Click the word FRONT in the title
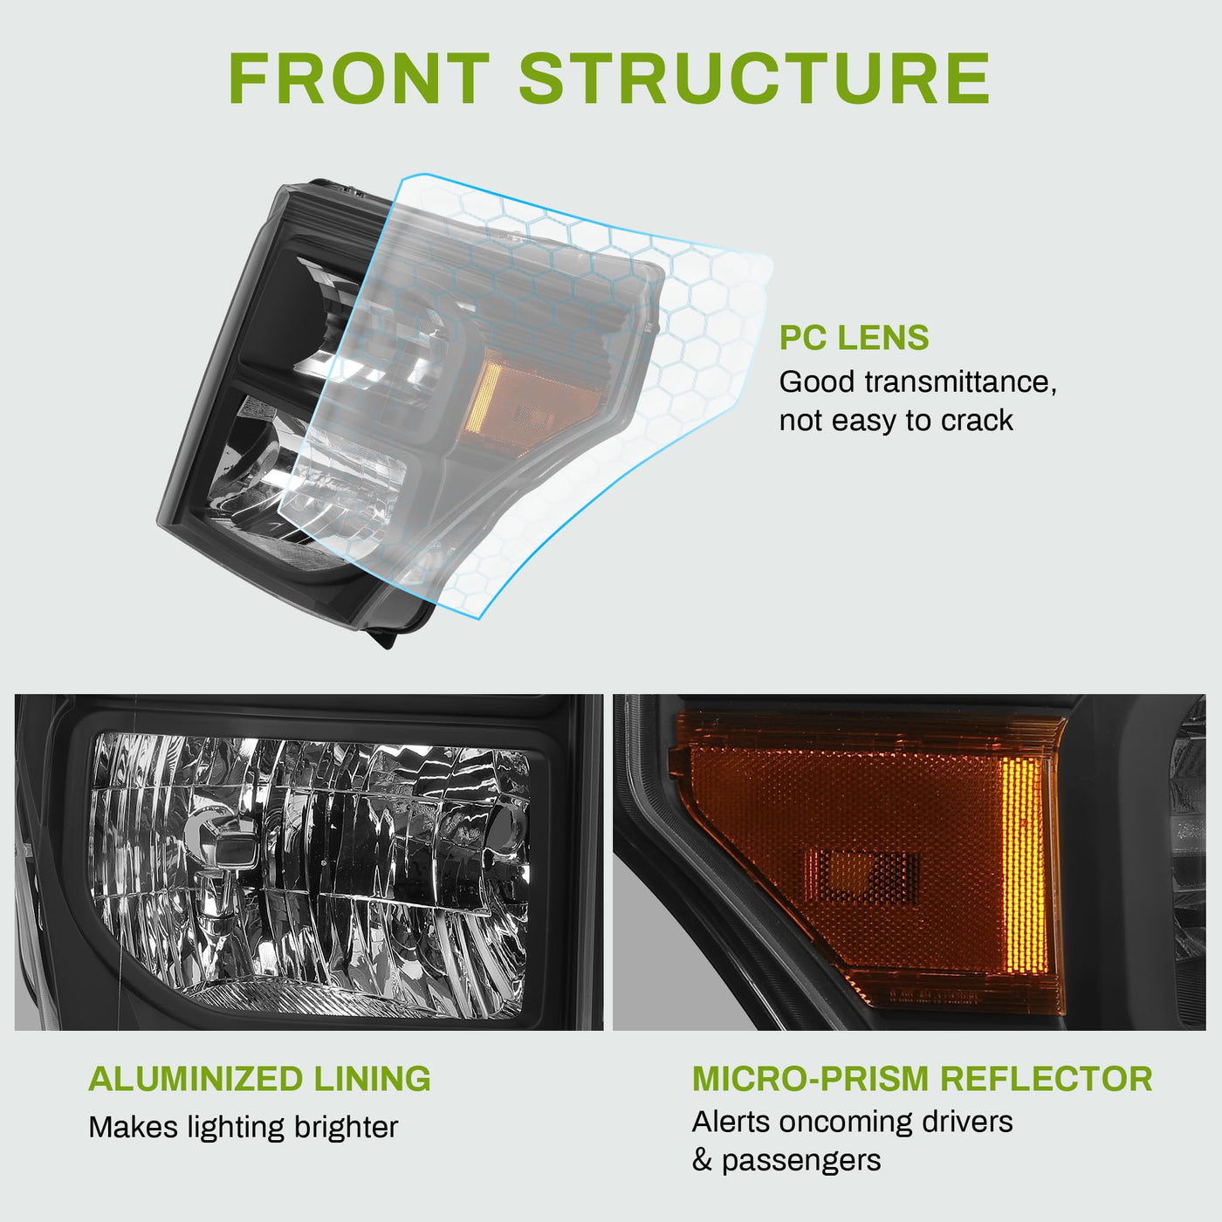point(359,78)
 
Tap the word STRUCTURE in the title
point(755,78)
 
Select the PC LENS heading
point(854,338)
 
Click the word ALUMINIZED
point(196,1078)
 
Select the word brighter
point(346,1128)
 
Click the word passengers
point(801,1161)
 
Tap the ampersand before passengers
point(702,1160)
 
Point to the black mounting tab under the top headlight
point(384,636)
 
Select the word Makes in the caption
point(134,1127)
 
